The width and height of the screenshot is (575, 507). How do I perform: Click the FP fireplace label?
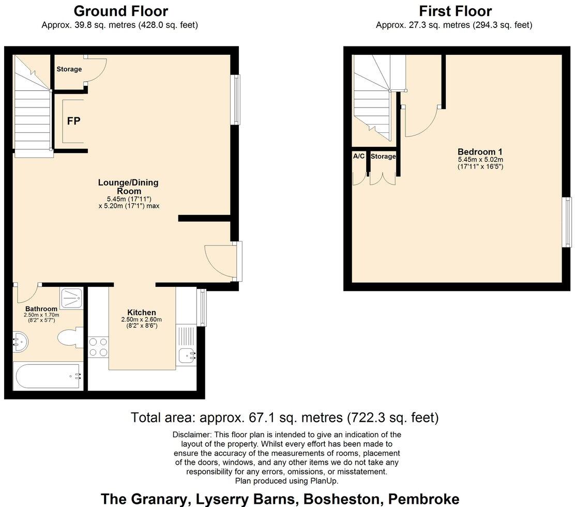(x=73, y=121)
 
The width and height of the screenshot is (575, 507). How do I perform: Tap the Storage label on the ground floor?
(x=69, y=69)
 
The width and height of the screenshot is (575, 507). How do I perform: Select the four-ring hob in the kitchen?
(x=98, y=346)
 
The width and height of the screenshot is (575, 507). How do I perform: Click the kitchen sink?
(x=186, y=355)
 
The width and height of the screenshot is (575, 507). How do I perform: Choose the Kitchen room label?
(x=142, y=313)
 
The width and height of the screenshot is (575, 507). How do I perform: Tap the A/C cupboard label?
(x=358, y=156)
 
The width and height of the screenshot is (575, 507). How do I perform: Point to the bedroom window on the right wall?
(x=567, y=222)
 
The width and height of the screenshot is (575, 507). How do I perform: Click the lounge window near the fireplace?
(x=236, y=99)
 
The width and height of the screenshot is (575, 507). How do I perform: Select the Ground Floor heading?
(x=120, y=11)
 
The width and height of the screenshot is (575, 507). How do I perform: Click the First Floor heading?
(x=455, y=11)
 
